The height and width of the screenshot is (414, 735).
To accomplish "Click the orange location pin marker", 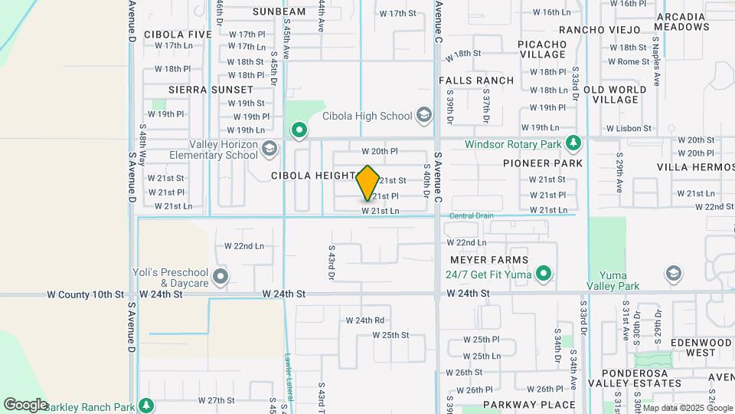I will pyautogui.click(x=367, y=183).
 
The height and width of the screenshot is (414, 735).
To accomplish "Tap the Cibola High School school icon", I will pyautogui.click(x=423, y=116).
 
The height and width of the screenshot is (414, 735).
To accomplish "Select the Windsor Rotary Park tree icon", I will pyautogui.click(x=573, y=143).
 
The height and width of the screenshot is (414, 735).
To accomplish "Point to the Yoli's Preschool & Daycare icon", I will pyautogui.click(x=220, y=277).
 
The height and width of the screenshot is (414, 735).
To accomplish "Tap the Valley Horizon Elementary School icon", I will pyautogui.click(x=269, y=148).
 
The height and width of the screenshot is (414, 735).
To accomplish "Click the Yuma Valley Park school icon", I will pyautogui.click(x=674, y=274).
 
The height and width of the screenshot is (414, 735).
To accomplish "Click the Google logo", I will pyautogui.click(x=25, y=404).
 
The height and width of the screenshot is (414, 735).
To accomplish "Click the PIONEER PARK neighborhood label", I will pyautogui.click(x=543, y=163).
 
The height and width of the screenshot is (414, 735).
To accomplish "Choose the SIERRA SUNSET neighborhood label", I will pyautogui.click(x=200, y=90).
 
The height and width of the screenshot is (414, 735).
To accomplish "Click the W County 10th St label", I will pyautogui.click(x=85, y=294).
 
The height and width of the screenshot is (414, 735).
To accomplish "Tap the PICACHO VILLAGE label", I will pyautogui.click(x=542, y=49).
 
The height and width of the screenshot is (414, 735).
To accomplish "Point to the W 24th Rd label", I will pyautogui.click(x=364, y=320).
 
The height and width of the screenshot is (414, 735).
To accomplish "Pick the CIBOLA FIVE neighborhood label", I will pyautogui.click(x=178, y=34).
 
